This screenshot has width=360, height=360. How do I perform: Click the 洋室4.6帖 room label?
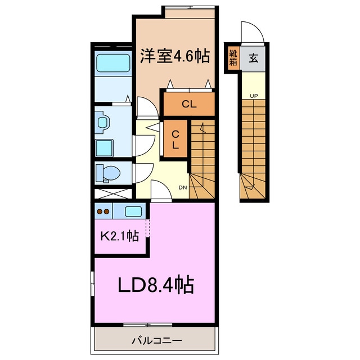[175, 56]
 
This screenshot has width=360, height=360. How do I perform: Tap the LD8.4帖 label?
[156, 285]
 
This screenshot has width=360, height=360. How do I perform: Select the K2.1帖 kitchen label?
[120, 235]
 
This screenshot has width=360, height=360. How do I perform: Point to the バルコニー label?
[157, 340]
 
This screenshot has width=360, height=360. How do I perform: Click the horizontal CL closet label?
[189, 104]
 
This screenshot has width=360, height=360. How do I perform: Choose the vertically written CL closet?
[175, 139]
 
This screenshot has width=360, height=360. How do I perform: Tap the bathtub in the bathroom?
[114, 63]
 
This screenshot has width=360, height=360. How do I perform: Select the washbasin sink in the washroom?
[102, 122]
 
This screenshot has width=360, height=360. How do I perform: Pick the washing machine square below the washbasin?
[104, 148]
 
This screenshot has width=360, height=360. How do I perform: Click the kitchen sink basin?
[133, 211]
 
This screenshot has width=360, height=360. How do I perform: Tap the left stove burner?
[100, 211]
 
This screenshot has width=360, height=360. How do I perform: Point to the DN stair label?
[183, 187]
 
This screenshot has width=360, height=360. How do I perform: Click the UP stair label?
[254, 96]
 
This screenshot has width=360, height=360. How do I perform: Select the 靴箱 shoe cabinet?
[233, 58]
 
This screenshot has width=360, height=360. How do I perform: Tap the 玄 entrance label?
[254, 58]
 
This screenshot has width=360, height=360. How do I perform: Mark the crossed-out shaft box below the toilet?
[114, 193]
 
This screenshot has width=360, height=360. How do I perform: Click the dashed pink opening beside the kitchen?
[148, 228]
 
